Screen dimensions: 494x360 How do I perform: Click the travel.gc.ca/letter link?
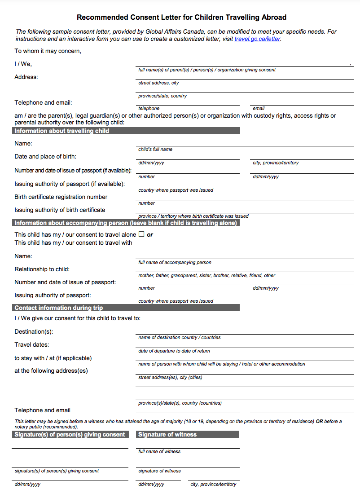coord(257,39)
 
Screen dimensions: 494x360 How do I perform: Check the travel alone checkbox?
coord(141,234)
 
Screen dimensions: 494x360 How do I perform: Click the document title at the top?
coord(181,18)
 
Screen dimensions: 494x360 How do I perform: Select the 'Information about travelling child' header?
coord(62,131)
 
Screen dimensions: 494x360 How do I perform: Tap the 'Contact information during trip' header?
coord(59,308)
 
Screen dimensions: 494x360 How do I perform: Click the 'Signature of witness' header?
coord(167,435)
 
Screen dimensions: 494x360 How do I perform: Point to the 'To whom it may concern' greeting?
coord(48,51)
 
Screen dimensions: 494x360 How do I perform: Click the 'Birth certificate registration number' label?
coord(61,197)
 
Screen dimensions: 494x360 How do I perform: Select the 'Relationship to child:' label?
coord(42,269)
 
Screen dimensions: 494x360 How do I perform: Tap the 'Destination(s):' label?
coord(34,332)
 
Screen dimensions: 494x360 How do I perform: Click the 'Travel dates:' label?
coord(32,345)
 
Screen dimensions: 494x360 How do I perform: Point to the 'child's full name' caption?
coord(155,150)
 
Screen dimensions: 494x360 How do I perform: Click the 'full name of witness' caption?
coord(159,452)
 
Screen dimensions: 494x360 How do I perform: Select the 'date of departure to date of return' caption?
coord(174,351)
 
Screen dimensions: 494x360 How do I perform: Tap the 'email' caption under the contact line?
coord(259,109)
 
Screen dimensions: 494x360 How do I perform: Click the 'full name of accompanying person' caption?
coord(175,263)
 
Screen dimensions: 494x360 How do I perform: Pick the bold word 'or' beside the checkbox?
coord(150,235)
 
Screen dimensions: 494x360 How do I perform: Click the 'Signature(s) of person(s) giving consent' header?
coord(70,435)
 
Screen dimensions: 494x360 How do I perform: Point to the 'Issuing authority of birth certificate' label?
coord(60,210)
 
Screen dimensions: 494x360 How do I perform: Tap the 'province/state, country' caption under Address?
coord(162,96)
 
